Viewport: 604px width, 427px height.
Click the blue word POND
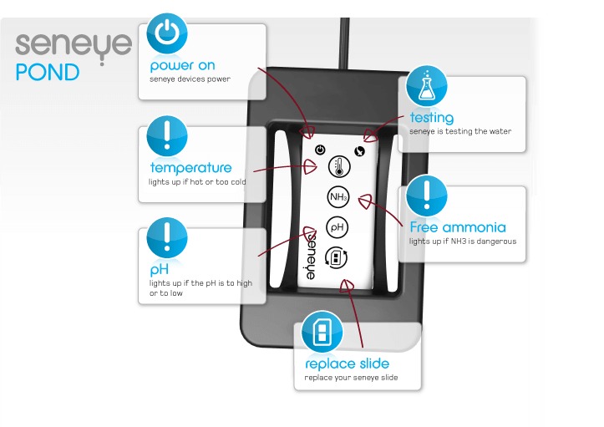(x=48, y=73)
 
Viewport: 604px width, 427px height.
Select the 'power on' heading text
(x=182, y=65)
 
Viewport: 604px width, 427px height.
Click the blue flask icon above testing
(x=427, y=85)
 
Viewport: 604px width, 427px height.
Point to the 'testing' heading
(x=431, y=117)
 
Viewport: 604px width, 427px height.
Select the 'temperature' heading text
(x=190, y=167)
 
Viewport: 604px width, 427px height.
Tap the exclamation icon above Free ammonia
(x=427, y=196)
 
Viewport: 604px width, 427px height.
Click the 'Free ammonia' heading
(x=457, y=226)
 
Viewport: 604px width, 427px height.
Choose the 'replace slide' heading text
(x=347, y=364)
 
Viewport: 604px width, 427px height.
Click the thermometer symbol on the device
(x=338, y=165)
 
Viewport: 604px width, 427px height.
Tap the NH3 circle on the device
(x=338, y=197)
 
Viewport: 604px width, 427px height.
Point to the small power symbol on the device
(x=320, y=150)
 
